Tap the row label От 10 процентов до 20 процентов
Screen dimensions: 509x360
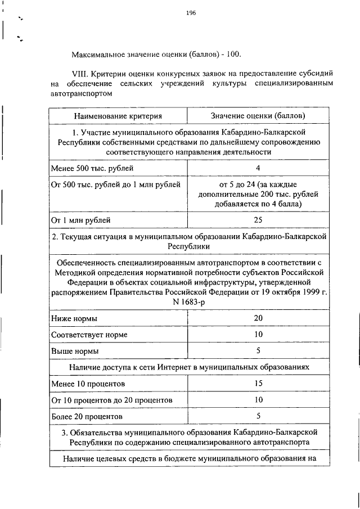(111, 400)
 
